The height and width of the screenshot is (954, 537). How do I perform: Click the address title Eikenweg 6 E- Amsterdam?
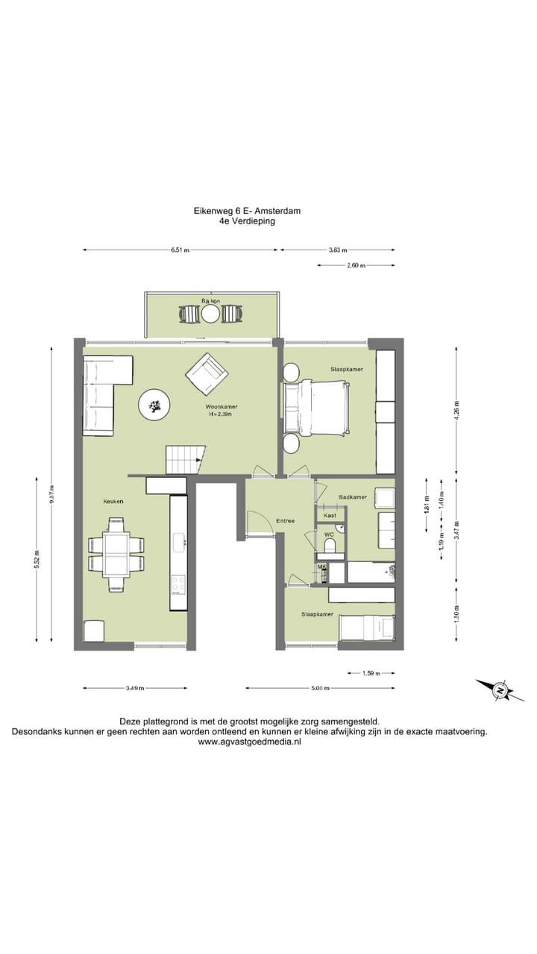(x=247, y=211)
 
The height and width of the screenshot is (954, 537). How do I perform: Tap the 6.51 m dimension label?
(x=180, y=250)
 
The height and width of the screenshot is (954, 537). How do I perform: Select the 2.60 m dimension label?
(x=357, y=265)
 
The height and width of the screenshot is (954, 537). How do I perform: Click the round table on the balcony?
(x=211, y=314)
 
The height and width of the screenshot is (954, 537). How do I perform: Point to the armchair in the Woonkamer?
(x=207, y=375)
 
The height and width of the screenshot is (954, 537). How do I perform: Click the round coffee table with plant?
(x=155, y=405)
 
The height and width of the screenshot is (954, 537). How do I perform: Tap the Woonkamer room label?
(x=222, y=407)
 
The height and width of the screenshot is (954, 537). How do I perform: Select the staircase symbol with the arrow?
(x=185, y=459)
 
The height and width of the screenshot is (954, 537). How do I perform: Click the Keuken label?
(x=113, y=502)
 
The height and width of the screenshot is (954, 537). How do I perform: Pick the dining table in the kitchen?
(x=116, y=554)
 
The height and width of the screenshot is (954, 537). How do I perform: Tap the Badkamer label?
(x=352, y=497)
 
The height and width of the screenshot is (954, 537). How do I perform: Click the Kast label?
(x=330, y=515)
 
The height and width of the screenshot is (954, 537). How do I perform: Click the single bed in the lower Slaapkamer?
(x=366, y=628)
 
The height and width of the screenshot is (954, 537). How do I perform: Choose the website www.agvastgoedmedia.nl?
(x=249, y=742)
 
